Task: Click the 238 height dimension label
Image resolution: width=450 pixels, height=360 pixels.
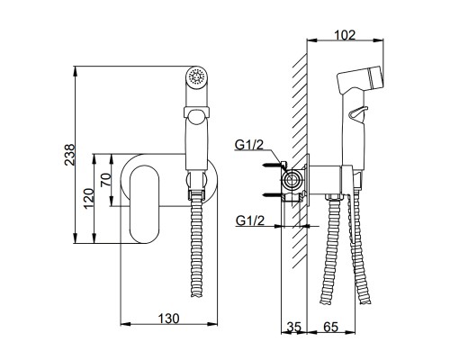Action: click(69, 155)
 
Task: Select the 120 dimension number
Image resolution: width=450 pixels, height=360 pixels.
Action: click(89, 199)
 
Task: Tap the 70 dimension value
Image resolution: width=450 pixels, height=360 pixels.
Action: click(106, 180)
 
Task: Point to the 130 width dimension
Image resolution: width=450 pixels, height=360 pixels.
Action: click(169, 318)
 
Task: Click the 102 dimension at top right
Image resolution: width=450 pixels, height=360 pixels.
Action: click(345, 35)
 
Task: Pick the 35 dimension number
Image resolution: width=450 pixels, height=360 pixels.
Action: click(293, 327)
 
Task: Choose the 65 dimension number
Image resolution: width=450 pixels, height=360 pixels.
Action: click(331, 327)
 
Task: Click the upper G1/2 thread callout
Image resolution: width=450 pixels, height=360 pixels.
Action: click(249, 145)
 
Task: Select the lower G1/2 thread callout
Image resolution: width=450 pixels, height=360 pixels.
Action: click(250, 220)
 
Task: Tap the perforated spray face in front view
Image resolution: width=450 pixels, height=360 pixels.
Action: click(196, 76)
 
